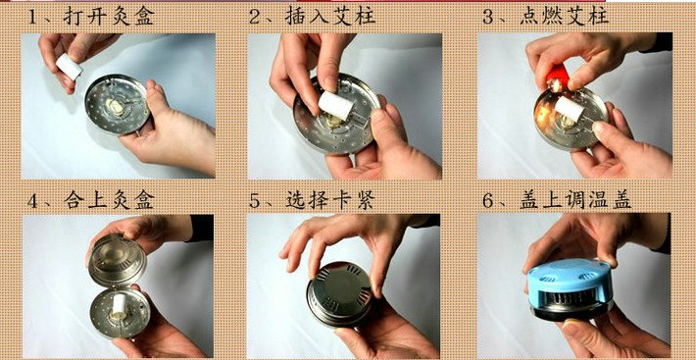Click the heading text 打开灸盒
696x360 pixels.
pos(109,17)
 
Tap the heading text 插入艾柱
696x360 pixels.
pos(330,17)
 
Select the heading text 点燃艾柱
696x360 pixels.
pos(565,17)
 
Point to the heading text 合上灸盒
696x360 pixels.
pos(109,200)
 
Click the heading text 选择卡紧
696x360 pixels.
pos(330,200)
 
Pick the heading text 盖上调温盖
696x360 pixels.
pos(575,200)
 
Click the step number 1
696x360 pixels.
pos(33,17)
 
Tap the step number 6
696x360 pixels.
pos(488,201)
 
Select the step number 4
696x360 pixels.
pos(33,201)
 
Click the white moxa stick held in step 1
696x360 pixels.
pos(69,67)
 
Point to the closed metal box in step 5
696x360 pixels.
pos(339,294)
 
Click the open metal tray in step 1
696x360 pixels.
pos(118,104)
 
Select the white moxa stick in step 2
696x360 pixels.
pos(336,105)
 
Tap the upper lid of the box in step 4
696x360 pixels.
pos(118,260)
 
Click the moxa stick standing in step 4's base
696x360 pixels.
pos(119,305)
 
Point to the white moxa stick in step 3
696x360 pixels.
pos(569,110)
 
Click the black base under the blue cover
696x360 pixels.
pos(571,312)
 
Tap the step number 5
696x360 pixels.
pos(254,201)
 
